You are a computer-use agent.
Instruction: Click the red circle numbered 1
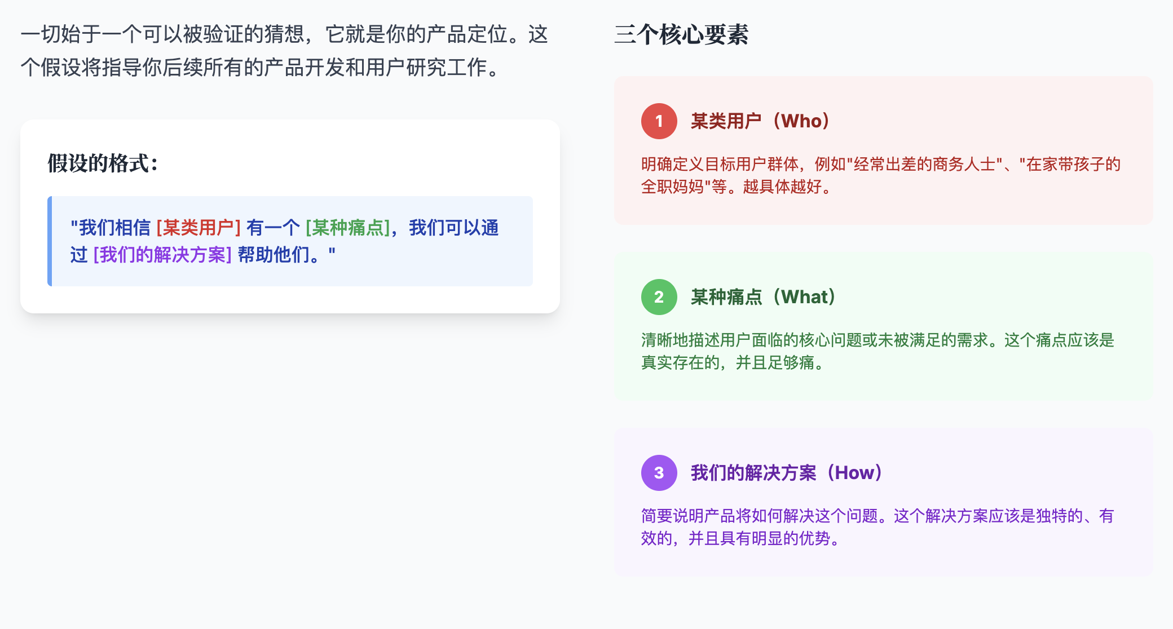(x=659, y=121)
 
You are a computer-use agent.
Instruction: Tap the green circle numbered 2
(x=659, y=297)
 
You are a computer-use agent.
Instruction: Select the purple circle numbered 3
(x=659, y=473)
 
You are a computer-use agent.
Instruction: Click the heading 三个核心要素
(x=681, y=34)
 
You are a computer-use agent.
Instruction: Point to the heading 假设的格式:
(x=103, y=163)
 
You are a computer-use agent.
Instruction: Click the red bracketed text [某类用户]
(x=199, y=228)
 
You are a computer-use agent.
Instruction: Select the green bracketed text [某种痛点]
(x=348, y=228)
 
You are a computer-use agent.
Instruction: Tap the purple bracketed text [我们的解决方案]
(x=162, y=255)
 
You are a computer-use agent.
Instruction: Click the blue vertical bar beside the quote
(x=50, y=241)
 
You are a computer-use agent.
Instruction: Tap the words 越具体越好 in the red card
(x=782, y=187)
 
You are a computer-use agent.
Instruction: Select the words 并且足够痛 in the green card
(x=774, y=362)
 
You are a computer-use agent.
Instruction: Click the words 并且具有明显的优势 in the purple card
(x=759, y=538)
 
